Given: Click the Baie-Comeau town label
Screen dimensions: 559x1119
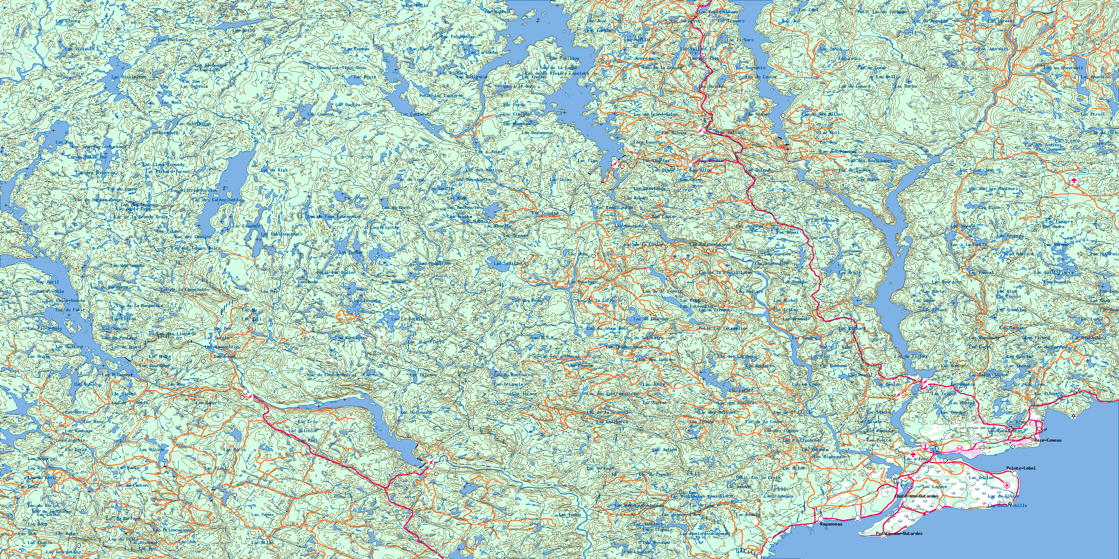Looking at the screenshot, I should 1048,440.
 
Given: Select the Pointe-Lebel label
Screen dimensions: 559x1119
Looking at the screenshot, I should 1021,468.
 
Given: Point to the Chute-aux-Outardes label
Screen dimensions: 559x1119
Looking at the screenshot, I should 916,496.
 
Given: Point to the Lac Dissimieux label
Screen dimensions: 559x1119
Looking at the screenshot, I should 129,77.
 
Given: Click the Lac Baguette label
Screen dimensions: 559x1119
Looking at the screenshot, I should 751,68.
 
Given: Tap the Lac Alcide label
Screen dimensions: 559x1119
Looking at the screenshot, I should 152,450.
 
